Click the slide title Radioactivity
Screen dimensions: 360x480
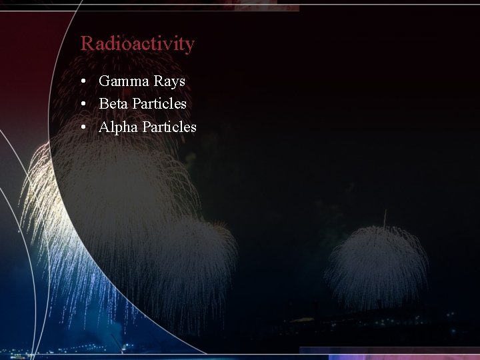coord(137,44)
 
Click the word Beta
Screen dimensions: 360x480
coord(113,104)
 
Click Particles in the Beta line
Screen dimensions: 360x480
coord(159,104)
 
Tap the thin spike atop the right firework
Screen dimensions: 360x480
coord(385,217)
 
